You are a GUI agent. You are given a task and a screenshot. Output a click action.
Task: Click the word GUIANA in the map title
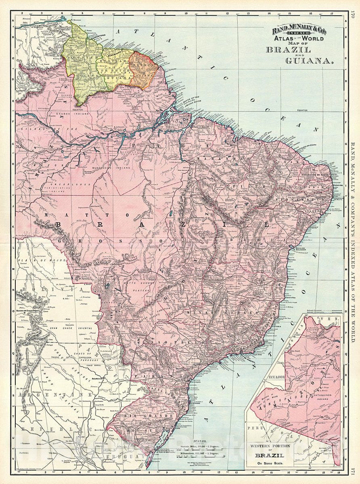tap(309, 61)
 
